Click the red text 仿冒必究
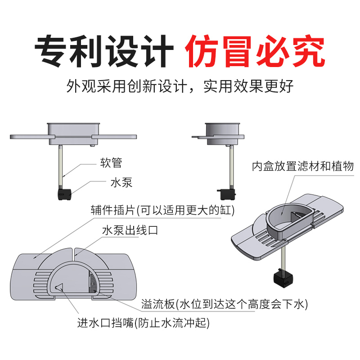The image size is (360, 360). [x=255, y=52]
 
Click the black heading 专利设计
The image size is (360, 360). [x=104, y=52]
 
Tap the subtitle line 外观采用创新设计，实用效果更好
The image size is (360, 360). [x=180, y=85]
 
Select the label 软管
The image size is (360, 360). [x=111, y=162]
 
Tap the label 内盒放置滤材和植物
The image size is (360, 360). [x=303, y=166]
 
